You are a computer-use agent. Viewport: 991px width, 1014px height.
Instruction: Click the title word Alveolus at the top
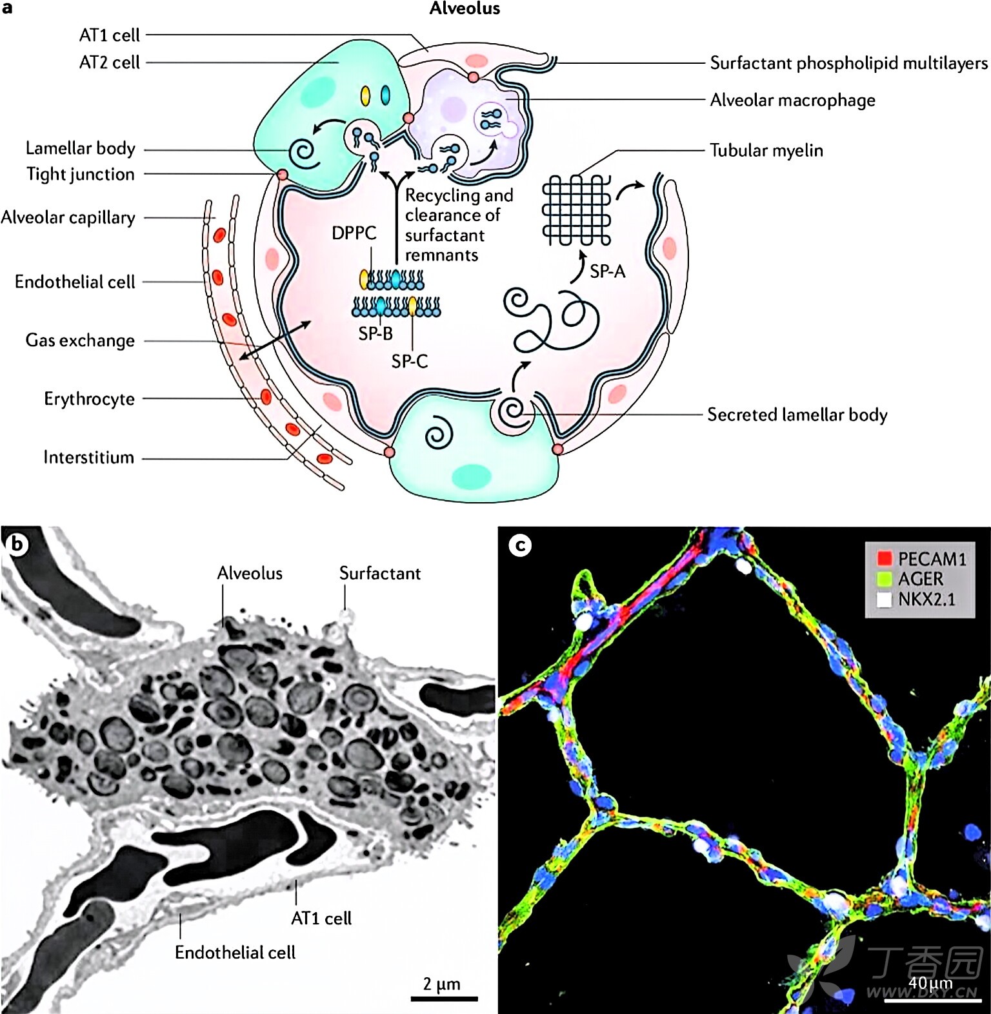tap(465, 8)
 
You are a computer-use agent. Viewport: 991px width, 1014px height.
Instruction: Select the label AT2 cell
tap(109, 63)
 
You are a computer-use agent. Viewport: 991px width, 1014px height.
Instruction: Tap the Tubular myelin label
tap(766, 150)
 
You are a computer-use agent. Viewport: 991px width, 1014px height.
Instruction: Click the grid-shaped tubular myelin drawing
tap(576, 211)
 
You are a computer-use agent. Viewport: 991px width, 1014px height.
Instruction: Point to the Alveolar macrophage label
tap(793, 101)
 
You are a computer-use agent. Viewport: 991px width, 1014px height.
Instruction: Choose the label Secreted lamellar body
tap(797, 414)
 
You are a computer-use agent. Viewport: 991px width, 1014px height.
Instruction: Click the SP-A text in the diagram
tap(608, 271)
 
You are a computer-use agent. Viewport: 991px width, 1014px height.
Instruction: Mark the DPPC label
tap(354, 233)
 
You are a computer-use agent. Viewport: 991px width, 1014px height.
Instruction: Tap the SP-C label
tap(410, 362)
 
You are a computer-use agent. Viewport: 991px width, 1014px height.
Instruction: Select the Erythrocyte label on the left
tap(90, 399)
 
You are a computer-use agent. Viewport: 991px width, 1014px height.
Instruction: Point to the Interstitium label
tap(89, 458)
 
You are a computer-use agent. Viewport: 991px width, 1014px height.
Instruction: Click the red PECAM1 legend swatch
tap(884, 558)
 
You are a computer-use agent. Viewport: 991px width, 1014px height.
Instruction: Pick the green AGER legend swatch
tap(884, 579)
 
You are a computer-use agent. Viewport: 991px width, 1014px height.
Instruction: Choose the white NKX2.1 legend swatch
tap(884, 600)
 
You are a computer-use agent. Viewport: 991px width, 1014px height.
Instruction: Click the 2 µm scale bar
tap(444, 999)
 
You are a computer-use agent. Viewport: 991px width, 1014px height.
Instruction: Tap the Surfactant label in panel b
tap(380, 573)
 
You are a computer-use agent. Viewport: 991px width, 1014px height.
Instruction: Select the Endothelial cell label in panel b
tap(235, 953)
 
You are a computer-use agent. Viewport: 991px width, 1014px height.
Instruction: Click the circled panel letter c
tap(520, 545)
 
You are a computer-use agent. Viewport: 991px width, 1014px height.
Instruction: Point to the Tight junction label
tap(81, 174)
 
